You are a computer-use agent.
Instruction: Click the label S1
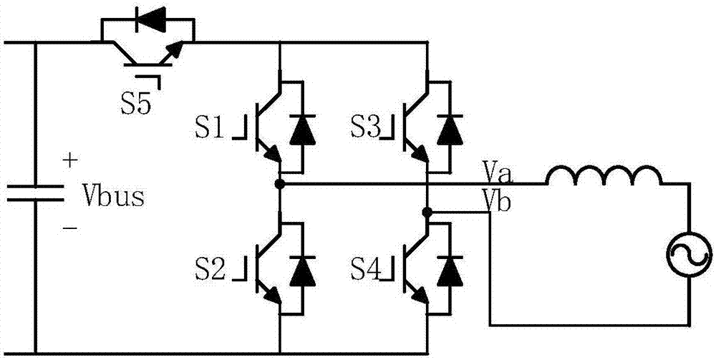[210, 129]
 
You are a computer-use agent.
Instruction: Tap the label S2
[210, 270]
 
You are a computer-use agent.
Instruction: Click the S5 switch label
[135, 105]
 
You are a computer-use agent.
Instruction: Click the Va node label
[501, 173]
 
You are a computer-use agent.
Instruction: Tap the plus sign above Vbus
[69, 160]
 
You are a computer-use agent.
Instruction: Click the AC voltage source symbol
[690, 255]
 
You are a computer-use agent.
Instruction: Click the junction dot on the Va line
[279, 183]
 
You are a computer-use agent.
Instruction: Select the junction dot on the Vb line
[427, 212]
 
